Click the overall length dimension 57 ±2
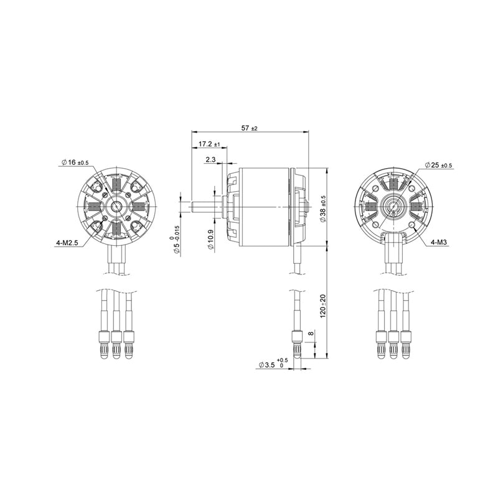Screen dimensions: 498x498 click(249, 128)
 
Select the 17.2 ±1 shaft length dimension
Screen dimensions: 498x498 click(209, 144)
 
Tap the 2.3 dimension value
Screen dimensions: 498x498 click(209, 160)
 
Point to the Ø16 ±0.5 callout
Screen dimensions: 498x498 click(75, 162)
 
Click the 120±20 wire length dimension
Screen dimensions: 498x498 click(323, 305)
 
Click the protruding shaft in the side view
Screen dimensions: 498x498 click(204, 207)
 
